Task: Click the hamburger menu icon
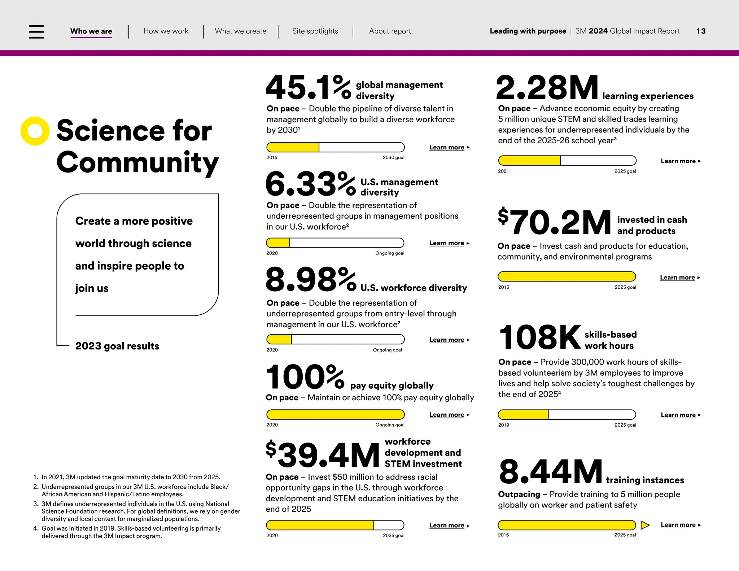tap(36, 32)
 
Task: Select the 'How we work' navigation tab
tap(166, 31)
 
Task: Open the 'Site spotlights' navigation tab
tap(315, 31)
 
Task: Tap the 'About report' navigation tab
tap(390, 31)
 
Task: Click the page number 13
tap(701, 31)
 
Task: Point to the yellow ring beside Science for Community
tap(35, 131)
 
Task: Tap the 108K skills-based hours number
tap(540, 337)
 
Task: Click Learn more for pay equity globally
tap(447, 415)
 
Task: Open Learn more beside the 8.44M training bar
tap(678, 525)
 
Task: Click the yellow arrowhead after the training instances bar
tap(645, 525)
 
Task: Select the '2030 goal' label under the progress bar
tap(393, 158)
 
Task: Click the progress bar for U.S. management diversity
tap(335, 243)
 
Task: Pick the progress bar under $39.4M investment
tap(335, 525)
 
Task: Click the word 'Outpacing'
tap(519, 494)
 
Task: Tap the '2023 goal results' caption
tap(117, 346)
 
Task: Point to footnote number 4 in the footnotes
tap(36, 528)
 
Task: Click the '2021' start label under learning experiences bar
tap(503, 171)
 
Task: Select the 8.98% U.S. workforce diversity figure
tap(311, 280)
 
